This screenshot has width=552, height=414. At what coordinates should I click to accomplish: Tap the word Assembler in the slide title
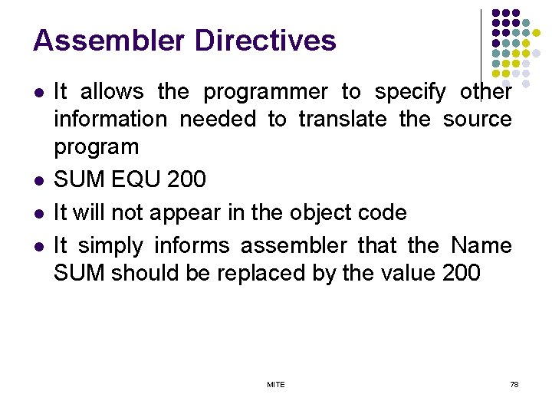[107, 41]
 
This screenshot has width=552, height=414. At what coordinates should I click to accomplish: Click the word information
[110, 120]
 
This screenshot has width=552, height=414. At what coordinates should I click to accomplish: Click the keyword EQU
[134, 180]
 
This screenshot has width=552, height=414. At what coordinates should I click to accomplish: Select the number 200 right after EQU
[187, 180]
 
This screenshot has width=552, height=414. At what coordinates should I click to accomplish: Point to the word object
[318, 212]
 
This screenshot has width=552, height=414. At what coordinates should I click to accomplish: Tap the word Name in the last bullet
[481, 246]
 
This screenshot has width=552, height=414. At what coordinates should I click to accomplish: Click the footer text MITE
[276, 384]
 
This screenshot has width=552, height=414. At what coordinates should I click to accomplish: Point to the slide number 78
[514, 384]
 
